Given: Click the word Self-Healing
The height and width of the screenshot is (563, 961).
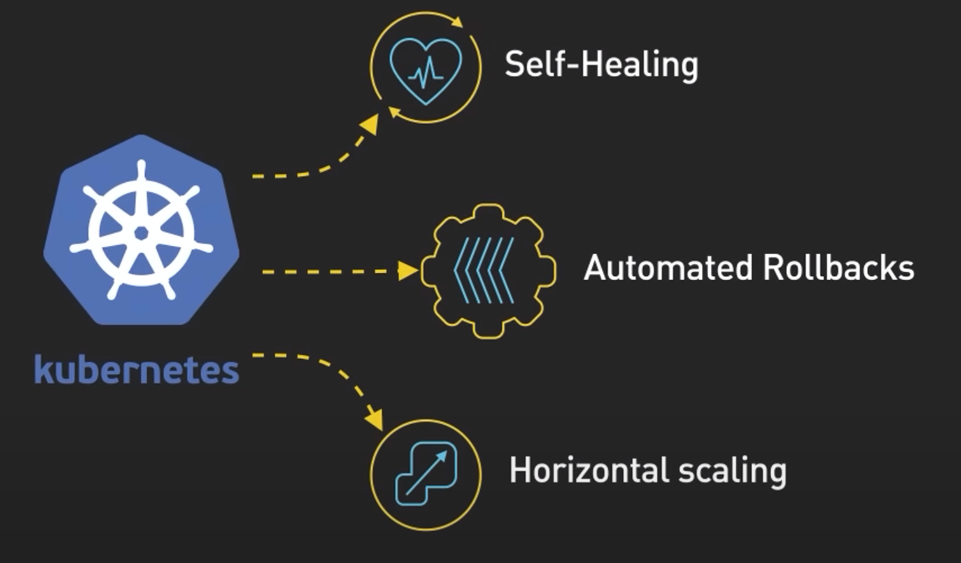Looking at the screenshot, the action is (x=601, y=65).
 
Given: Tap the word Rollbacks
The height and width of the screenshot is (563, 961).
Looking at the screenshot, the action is (x=839, y=268).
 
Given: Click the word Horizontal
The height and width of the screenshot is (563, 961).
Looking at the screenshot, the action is (x=589, y=470).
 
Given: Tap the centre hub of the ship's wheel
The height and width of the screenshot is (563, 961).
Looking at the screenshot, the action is (x=141, y=234).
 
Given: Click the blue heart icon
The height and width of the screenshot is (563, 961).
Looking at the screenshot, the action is (x=425, y=71).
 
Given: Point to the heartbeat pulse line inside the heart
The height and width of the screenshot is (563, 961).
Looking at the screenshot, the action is (x=425, y=73).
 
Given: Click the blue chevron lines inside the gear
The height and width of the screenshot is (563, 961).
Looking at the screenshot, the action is (x=484, y=270).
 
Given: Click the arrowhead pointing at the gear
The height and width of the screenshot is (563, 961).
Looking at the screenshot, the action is (x=408, y=271).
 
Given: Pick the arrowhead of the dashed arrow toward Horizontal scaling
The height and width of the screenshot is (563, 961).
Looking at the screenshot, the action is (x=375, y=420).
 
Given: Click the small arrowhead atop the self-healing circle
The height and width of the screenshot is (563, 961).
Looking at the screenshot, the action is (x=457, y=22).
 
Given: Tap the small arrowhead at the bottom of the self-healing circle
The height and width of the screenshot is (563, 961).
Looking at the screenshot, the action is (x=394, y=113).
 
